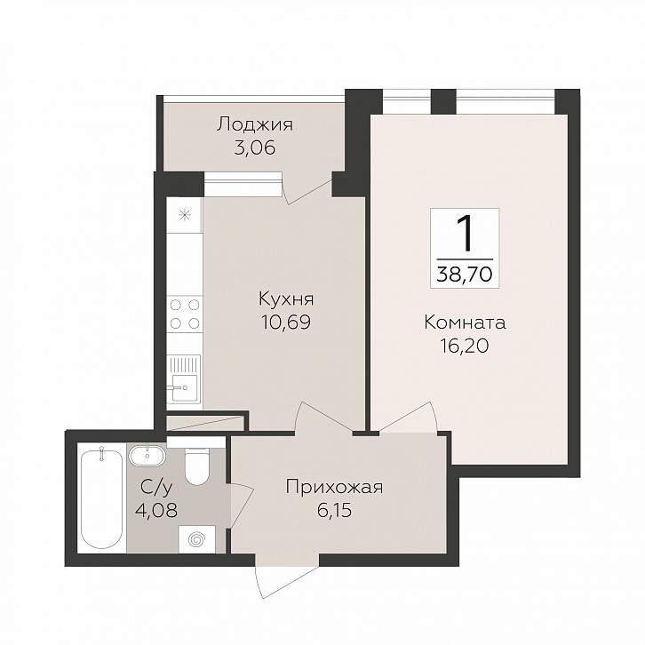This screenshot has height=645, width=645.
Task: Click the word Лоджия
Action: pyautogui.click(x=255, y=124)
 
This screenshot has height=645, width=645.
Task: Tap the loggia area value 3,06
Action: pyautogui.click(x=254, y=147)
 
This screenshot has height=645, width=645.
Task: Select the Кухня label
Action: pyautogui.click(x=286, y=300)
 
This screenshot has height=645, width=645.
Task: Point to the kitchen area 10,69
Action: pyautogui.click(x=286, y=322)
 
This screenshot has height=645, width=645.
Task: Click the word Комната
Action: pyautogui.click(x=465, y=322)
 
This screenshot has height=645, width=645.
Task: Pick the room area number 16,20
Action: pyautogui.click(x=465, y=346)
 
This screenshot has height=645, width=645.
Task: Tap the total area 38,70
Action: pyautogui.click(x=465, y=273)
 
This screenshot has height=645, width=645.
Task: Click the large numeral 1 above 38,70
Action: pyautogui.click(x=466, y=234)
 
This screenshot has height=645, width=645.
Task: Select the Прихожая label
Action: pyautogui.click(x=334, y=488)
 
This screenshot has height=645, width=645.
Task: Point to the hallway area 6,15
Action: pyautogui.click(x=334, y=511)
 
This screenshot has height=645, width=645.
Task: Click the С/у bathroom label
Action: pyautogui.click(x=156, y=488)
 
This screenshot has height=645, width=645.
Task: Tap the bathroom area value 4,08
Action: pyautogui.click(x=156, y=511)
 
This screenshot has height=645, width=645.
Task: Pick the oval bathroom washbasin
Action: pyautogui.click(x=147, y=456)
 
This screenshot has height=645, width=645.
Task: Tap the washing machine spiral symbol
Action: pyautogui.click(x=197, y=538)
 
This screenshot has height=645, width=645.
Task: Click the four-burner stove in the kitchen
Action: pyautogui.click(x=185, y=314)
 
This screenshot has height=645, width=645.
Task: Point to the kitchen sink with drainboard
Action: pyautogui.click(x=184, y=378)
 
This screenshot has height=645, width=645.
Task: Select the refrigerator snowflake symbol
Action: pyautogui.click(x=185, y=215)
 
